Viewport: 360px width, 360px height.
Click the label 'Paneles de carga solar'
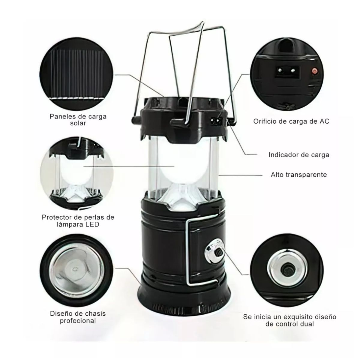(78, 120)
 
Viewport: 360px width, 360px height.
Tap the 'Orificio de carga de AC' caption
(291, 121)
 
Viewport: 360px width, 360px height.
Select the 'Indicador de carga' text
(299, 155)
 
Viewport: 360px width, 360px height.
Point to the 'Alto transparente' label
(299, 175)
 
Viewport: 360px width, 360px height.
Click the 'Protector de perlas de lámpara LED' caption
(78, 220)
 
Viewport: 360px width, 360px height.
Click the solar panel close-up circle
(76, 74)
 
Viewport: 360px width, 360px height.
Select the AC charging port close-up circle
(287, 74)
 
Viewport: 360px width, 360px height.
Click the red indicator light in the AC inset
(314, 70)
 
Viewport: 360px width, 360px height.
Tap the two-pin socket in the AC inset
(287, 71)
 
